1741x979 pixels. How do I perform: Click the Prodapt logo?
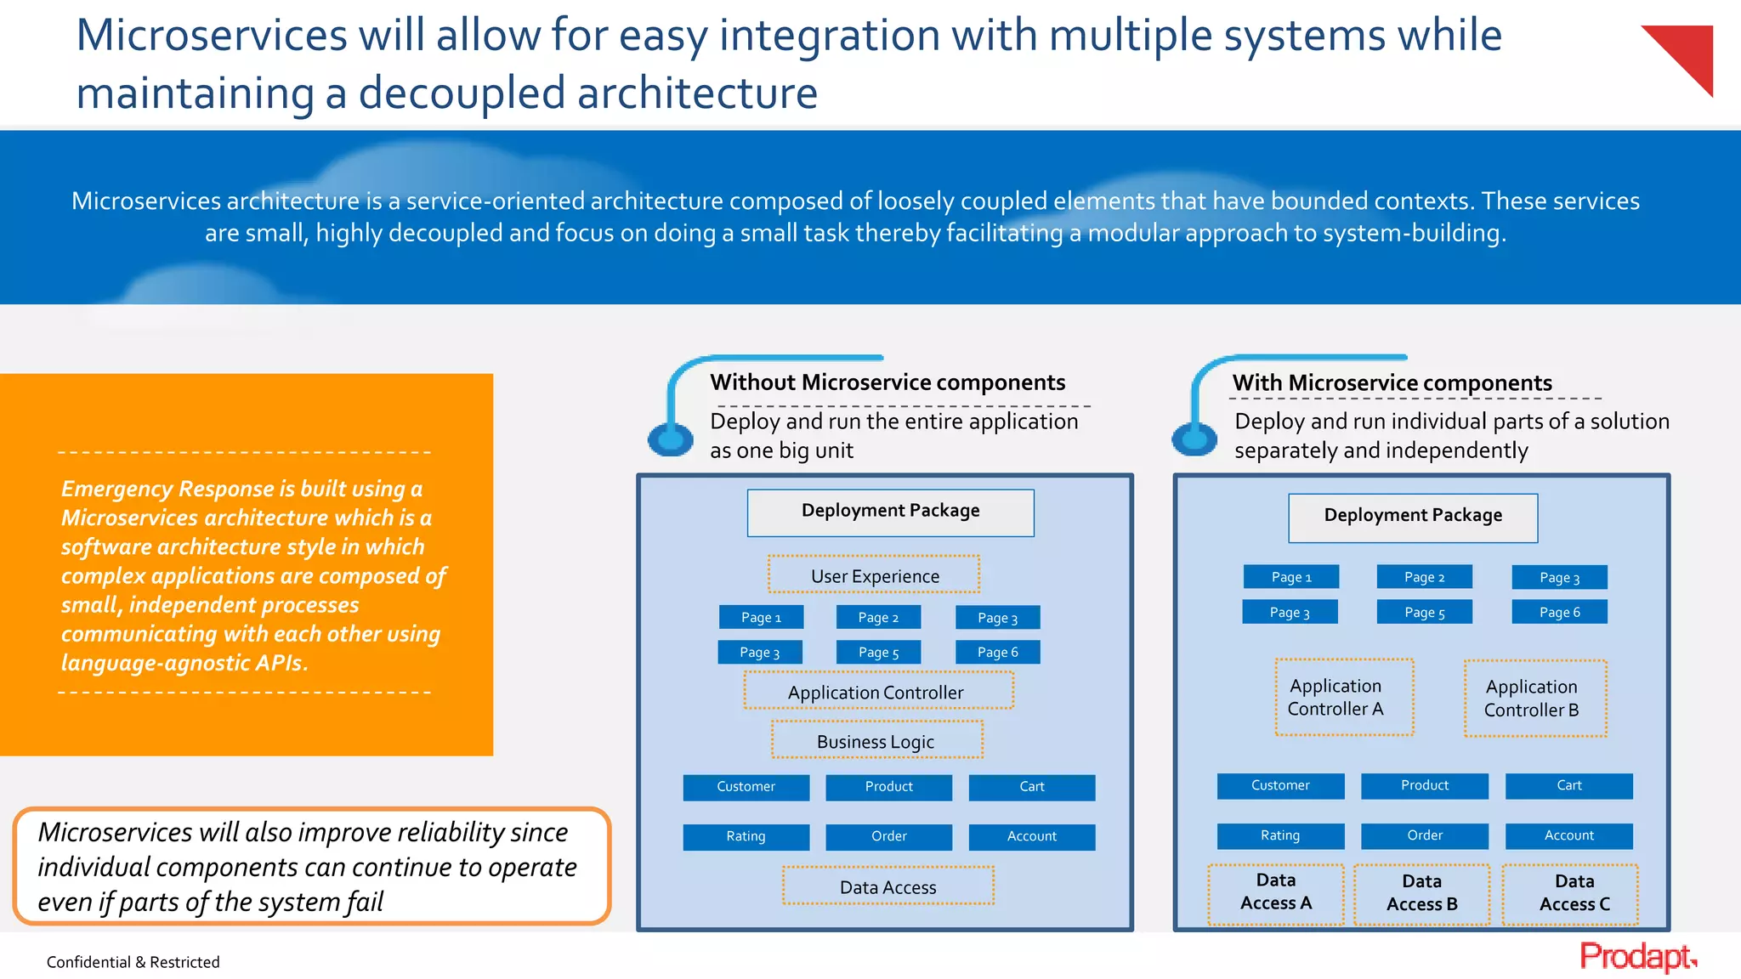1636,957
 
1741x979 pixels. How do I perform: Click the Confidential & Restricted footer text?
133,962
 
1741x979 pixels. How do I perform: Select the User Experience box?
874,575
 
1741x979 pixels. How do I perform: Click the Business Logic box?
876,740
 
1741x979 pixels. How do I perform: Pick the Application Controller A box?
1343,697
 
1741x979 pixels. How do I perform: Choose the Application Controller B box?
1534,699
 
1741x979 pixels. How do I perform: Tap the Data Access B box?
1421,894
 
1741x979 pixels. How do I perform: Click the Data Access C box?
1569,894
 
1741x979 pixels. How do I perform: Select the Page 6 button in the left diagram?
997,652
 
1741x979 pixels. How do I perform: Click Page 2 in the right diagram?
1424,577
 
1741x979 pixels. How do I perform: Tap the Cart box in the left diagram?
1031,787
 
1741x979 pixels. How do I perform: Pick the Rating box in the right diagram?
1280,835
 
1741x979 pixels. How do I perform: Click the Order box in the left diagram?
888,836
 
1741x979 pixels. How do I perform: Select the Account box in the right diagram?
1568,835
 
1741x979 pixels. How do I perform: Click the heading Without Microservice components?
888,382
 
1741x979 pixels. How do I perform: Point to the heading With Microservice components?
1392,383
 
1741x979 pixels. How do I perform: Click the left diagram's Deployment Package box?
890,512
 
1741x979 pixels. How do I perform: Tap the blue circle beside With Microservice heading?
1194,439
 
